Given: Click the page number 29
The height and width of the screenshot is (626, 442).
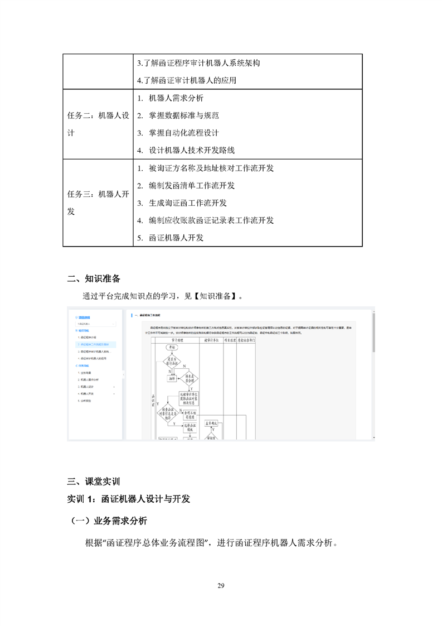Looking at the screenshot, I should (221, 585).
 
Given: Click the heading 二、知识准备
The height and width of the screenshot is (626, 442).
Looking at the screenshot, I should (94, 278).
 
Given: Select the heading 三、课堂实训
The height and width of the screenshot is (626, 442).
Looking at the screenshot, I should (94, 481).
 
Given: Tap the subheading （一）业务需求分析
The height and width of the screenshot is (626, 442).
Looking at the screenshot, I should (109, 521).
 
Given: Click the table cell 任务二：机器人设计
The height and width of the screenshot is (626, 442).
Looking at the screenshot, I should (98, 124).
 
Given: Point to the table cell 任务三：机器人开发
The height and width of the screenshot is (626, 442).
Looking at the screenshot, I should (98, 203).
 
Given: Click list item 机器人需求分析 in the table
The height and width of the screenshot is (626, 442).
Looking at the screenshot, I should (176, 98).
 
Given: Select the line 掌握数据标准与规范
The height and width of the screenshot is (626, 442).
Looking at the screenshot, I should (183, 115).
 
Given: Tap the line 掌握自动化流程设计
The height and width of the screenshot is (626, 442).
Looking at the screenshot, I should (183, 133).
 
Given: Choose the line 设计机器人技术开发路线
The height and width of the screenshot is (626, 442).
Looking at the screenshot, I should (191, 150).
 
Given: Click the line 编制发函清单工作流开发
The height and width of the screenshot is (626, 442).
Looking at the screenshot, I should (191, 185).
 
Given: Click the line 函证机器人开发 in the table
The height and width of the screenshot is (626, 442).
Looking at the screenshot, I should (176, 237).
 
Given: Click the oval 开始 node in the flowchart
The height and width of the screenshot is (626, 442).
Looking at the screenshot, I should (171, 347).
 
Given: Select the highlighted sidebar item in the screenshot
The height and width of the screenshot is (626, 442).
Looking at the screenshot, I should (95, 345).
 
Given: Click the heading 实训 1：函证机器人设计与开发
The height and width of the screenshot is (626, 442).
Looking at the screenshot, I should (129, 498).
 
